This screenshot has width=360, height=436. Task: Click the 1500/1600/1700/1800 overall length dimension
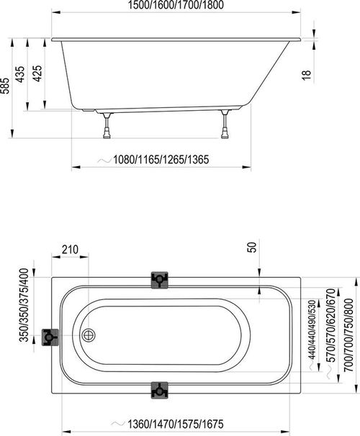tap(176, 5)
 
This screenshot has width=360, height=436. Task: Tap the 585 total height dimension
tap(6, 86)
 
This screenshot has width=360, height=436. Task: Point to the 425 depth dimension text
tap(37, 73)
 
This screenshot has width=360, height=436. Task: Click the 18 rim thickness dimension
tap(306, 75)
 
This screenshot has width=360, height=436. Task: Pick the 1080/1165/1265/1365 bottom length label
tap(161, 160)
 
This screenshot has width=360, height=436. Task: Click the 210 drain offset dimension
tap(70, 250)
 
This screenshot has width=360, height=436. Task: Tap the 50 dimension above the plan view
tap(252, 247)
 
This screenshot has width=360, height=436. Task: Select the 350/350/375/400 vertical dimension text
tap(24, 305)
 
